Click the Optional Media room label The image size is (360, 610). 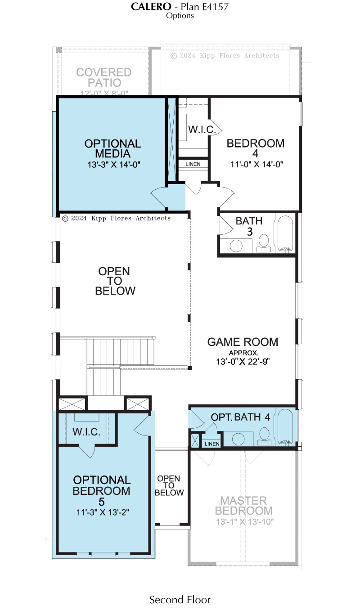coord(112,149)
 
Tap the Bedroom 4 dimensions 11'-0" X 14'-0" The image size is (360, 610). coord(256,165)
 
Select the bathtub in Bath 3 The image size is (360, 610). coord(285,233)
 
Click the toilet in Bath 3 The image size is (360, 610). coord(264,243)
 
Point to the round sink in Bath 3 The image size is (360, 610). coord(236,246)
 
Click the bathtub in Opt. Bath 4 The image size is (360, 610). coord(285,427)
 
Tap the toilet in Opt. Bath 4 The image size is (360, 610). coord(264,436)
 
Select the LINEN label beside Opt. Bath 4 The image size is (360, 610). coord(211,444)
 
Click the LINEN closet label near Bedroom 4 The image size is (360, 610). coord(193,164)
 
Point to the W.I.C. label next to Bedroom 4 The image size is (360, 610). coord(202,130)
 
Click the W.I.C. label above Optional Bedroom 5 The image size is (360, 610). coord(86,431)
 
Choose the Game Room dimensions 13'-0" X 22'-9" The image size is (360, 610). coord(243,362)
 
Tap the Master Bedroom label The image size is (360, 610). coord(244,506)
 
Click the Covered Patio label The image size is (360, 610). coord(104,77)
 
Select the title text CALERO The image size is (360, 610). coord(151,7)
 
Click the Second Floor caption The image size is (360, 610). coord(180,600)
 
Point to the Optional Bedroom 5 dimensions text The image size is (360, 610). coord(103,512)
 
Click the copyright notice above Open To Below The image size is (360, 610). coord(116,218)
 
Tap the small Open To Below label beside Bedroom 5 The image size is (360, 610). coord(169,485)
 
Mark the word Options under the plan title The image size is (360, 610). coord(180,16)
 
